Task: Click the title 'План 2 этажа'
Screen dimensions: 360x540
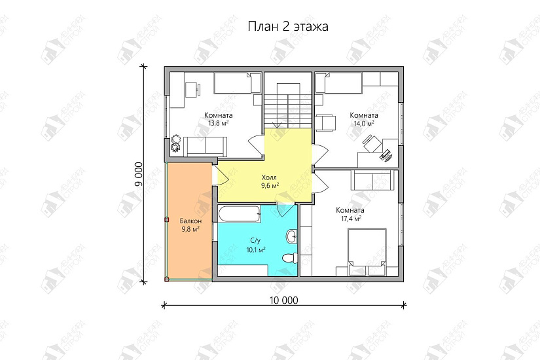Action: click(x=288, y=27)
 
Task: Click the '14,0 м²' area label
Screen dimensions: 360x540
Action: click(x=363, y=123)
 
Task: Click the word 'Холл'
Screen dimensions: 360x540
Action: click(x=269, y=177)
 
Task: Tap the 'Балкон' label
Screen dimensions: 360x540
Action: click(x=190, y=221)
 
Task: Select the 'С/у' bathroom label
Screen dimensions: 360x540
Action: click(x=255, y=241)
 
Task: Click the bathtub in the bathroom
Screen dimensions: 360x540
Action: click(x=239, y=213)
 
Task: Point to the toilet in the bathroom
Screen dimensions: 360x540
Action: click(x=287, y=259)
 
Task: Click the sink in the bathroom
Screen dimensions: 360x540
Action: click(x=291, y=236)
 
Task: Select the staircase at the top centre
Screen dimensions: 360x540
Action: click(x=287, y=104)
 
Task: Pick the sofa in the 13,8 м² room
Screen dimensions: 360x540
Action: click(x=206, y=145)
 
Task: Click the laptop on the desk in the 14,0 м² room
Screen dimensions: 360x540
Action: click(x=386, y=155)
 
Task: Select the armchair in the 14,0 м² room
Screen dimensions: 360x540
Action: click(x=326, y=122)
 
